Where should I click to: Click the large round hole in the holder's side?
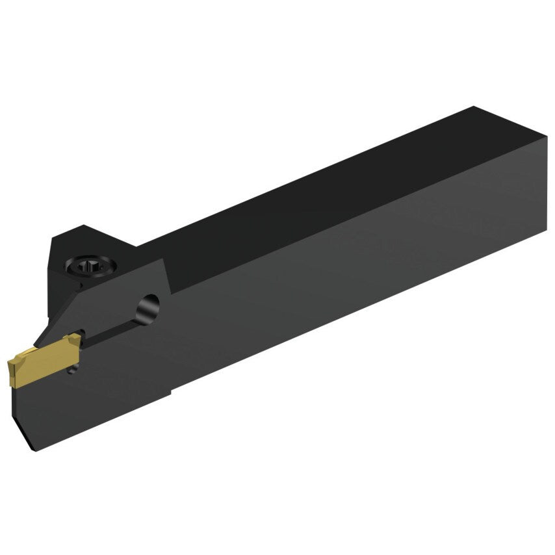149,306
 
